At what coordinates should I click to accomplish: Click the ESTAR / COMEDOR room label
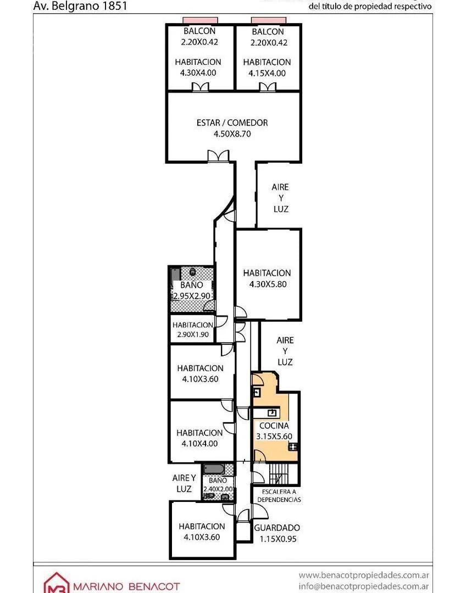pos(232,122)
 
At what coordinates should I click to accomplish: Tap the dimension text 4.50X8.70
pos(232,133)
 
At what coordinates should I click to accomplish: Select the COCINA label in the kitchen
pos(274,426)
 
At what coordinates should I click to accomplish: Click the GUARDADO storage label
pos(277,528)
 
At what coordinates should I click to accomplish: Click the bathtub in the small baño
pos(213,469)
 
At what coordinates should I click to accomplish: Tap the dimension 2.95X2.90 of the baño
pos(192,296)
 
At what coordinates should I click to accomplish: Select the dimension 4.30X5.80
pos(267,284)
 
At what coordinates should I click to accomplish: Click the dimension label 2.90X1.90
pos(192,334)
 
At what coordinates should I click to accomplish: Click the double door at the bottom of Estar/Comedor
pos(218,156)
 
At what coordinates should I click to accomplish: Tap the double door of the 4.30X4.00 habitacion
pos(200,87)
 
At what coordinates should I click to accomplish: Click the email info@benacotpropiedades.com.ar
pos(364,586)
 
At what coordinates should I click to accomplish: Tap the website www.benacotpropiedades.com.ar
pos(364,575)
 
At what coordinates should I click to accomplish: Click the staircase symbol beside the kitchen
pos(280,473)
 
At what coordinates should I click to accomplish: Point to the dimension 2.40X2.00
pos(218,489)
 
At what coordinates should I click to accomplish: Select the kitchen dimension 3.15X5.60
pos(274,437)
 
